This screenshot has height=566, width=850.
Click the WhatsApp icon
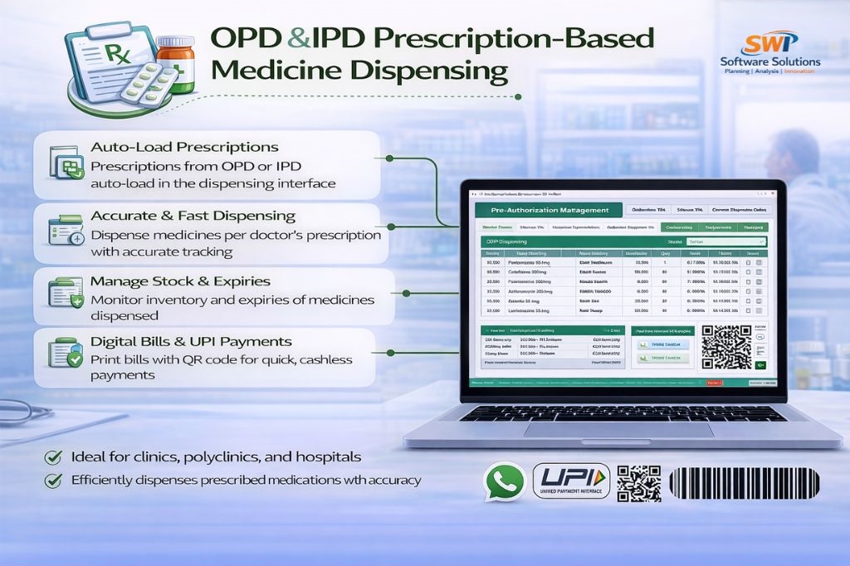click(x=504, y=482)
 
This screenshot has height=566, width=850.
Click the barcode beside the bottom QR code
click(x=743, y=482)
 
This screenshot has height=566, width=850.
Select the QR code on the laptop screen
click(x=726, y=346)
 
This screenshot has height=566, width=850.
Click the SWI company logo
click(x=769, y=42)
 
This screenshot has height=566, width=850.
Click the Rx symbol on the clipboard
click(x=115, y=57)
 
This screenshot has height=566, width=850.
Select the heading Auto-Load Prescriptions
click(x=184, y=148)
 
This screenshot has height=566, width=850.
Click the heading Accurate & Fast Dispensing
click(x=193, y=216)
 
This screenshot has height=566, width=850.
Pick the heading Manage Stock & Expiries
click(x=180, y=281)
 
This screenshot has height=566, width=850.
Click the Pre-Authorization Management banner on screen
click(x=542, y=211)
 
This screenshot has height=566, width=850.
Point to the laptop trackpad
click(x=618, y=429)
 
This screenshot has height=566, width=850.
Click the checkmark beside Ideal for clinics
click(x=53, y=457)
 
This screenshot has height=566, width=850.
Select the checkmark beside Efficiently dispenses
click(x=53, y=480)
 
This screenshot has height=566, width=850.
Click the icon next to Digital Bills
click(x=65, y=353)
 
